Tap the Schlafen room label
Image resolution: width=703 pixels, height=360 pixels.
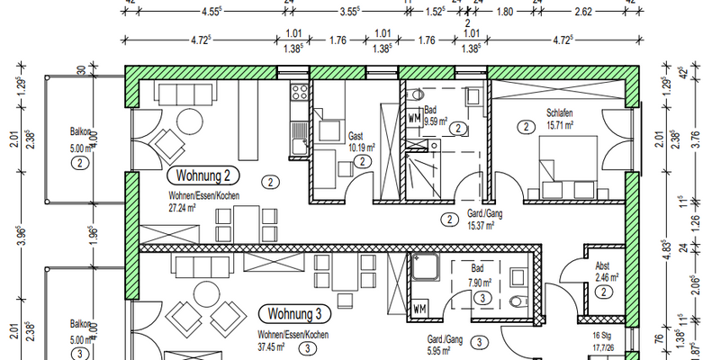coord(559,113)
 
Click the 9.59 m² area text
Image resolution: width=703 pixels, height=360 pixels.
coord(437,118)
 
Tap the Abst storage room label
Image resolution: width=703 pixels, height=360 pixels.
coord(603,265)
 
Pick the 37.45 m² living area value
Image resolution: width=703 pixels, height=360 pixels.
coord(269,346)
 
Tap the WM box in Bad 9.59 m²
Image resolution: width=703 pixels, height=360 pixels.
coord(414,118)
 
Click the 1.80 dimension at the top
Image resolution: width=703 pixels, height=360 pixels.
coord(505,13)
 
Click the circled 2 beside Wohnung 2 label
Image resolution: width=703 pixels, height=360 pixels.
coord(270,181)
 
